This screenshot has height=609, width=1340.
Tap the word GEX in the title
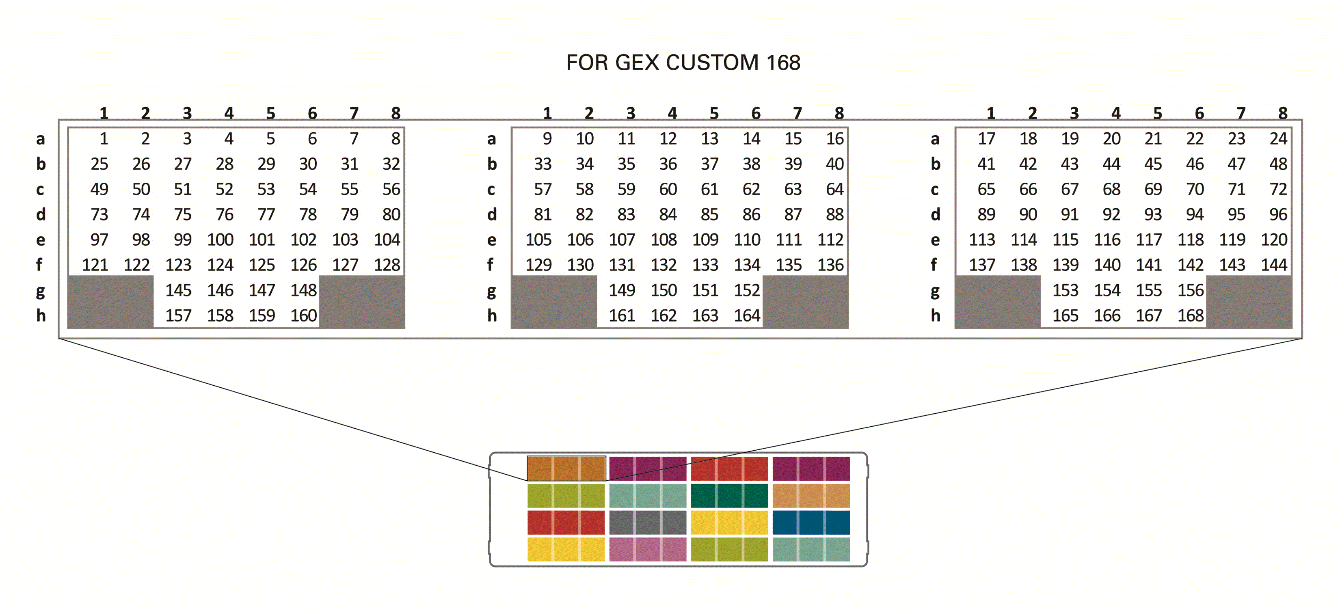coord(638,63)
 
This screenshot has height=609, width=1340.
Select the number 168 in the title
coord(783,63)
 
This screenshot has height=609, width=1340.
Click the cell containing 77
coord(266,214)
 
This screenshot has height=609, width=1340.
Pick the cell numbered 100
coord(220,240)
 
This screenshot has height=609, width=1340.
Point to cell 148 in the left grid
coord(303,290)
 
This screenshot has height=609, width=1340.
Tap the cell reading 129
coord(538,265)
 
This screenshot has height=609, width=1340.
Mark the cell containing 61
coord(709,189)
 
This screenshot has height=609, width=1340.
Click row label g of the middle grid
coord(491,291)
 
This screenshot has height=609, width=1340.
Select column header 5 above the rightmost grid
coord(1157,113)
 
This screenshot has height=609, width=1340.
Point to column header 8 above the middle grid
coord(839,113)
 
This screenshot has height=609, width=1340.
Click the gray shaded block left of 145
coord(111,302)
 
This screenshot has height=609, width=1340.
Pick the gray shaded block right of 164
coord(805,302)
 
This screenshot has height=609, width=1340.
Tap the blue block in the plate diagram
coord(811,523)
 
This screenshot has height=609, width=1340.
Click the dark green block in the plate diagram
coord(729,496)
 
